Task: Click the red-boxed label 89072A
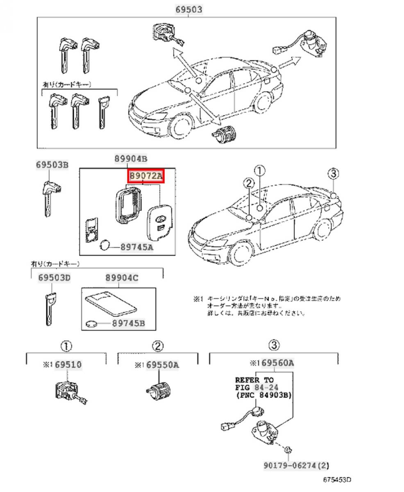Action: click(x=146, y=176)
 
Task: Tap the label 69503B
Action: click(x=52, y=165)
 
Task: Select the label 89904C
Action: click(x=122, y=278)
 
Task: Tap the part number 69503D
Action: click(x=54, y=278)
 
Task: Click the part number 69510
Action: click(x=68, y=364)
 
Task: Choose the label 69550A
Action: click(x=162, y=364)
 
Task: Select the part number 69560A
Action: click(x=277, y=363)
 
